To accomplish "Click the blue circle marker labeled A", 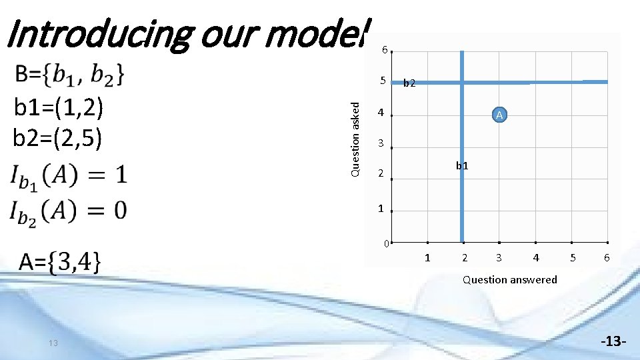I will click(x=500, y=115).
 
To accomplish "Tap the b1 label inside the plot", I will click(x=462, y=165).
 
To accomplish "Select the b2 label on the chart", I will click(x=409, y=83).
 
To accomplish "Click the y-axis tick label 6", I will click(x=384, y=50).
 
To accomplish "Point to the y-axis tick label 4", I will click(x=381, y=113).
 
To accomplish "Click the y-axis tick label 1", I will click(x=381, y=209).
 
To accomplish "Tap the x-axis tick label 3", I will click(x=499, y=258).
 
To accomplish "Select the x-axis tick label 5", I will click(x=571, y=258).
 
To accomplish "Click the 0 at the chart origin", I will click(x=386, y=243).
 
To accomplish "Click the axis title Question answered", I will click(x=509, y=280).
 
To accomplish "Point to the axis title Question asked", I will click(x=356, y=139).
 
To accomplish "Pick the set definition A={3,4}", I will click(x=60, y=261).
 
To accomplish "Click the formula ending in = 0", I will click(x=68, y=210).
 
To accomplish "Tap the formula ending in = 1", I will click(x=68, y=176).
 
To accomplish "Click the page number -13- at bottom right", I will click(x=613, y=342).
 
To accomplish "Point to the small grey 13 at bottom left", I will click(x=53, y=343).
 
